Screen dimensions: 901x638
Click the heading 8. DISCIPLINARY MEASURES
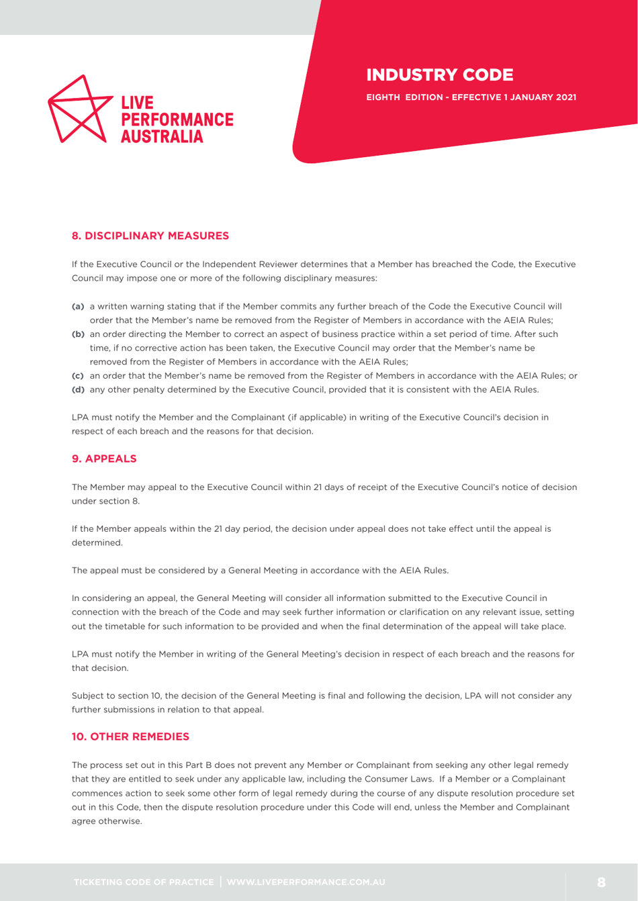click(x=150, y=236)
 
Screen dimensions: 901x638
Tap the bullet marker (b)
click(x=79, y=334)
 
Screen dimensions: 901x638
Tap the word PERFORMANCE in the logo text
click(x=177, y=120)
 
